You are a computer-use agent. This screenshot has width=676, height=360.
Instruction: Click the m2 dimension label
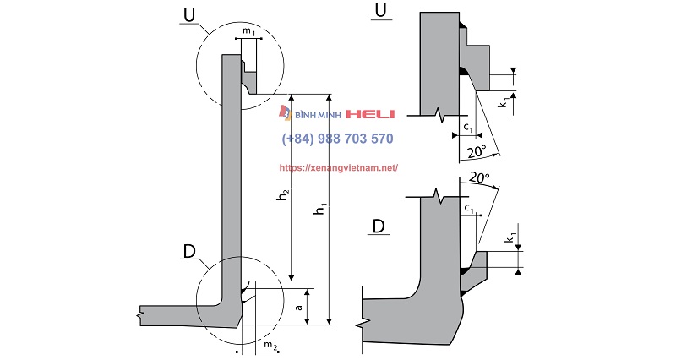point(270,346)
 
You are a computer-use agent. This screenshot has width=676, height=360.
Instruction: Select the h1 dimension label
point(319,213)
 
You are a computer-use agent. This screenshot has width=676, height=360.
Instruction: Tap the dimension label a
point(300,308)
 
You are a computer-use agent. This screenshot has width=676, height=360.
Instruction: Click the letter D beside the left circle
point(191,251)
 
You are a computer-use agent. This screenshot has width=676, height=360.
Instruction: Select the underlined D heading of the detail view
point(379,226)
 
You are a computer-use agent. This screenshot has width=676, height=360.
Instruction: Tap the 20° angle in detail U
point(475,152)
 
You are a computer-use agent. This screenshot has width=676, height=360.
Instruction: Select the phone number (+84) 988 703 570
point(337,139)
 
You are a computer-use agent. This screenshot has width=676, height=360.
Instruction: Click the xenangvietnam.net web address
point(338,168)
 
